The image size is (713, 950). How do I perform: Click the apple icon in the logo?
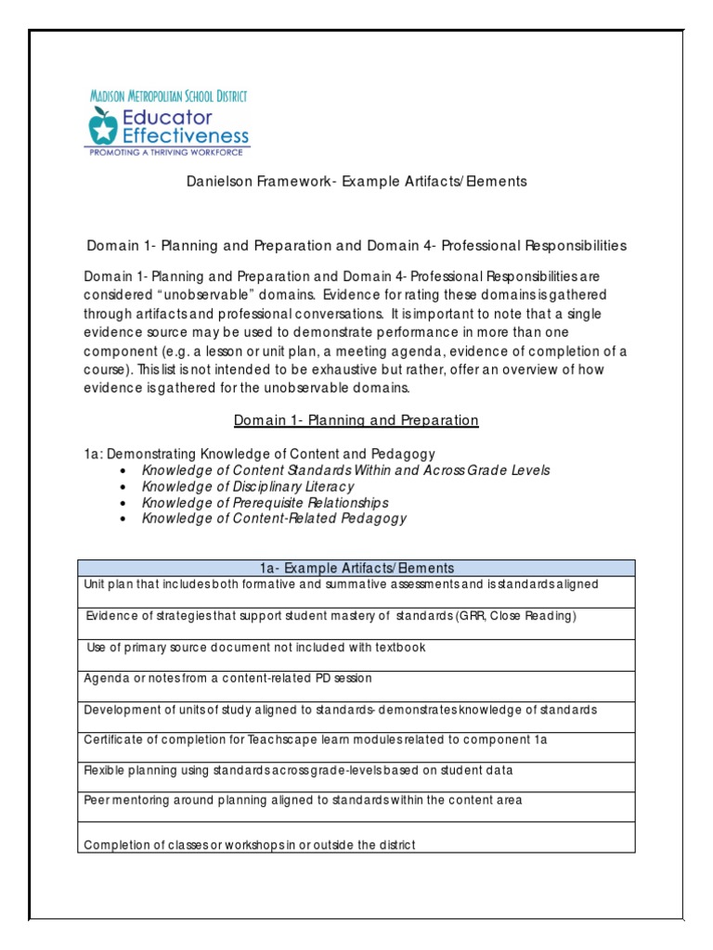[x=104, y=125]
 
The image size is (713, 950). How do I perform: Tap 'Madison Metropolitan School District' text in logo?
[x=167, y=96]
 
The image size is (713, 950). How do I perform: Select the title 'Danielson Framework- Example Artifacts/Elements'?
[x=356, y=182]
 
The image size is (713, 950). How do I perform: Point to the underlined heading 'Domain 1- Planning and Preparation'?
[x=356, y=420]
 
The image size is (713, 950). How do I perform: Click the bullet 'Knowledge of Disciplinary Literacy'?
[x=248, y=486]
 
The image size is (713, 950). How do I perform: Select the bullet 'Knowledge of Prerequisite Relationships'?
[x=265, y=502]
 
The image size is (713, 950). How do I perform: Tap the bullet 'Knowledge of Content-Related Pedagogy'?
[x=274, y=519]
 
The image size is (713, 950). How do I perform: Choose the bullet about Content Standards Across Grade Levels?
[x=345, y=469]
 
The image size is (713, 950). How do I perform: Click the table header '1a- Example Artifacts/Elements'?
[x=356, y=568]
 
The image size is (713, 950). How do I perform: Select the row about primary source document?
[x=256, y=648]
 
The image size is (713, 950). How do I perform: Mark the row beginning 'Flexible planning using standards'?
[x=298, y=770]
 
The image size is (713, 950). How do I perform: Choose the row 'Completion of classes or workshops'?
[x=250, y=844]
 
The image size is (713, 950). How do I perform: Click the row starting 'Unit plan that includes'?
[x=341, y=584]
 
